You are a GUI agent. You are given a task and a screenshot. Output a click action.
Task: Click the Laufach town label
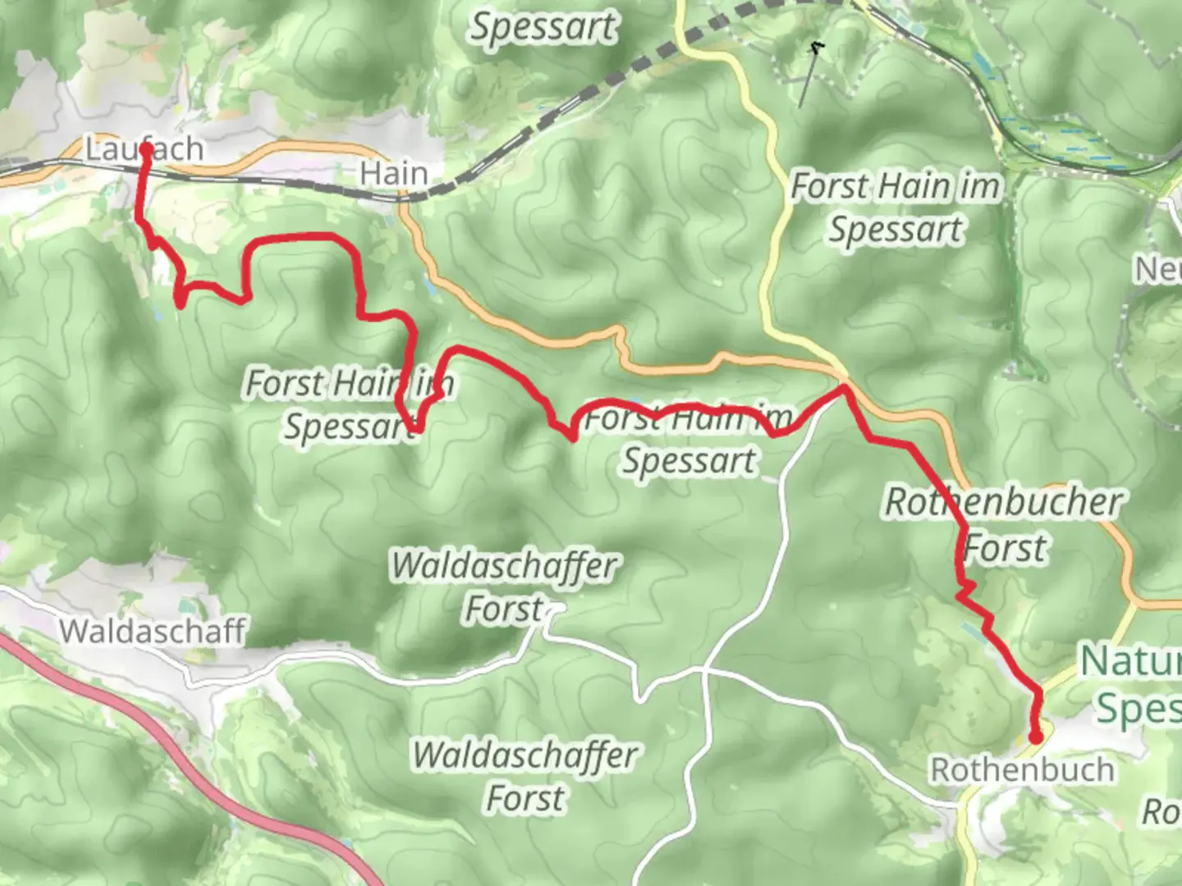point(144,149)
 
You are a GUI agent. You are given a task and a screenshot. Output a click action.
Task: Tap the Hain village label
point(394,174)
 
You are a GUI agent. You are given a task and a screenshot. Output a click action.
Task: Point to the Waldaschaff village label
point(152,631)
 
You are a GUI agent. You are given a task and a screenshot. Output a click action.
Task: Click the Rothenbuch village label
point(1022,770)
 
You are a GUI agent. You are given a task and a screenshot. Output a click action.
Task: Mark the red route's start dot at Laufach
point(146,149)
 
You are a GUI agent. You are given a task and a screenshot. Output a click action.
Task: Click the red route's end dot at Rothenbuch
point(1036,737)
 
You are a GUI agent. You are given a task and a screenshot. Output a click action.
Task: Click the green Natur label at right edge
point(1130,661)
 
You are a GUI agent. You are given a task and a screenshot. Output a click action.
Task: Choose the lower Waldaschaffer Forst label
point(525,776)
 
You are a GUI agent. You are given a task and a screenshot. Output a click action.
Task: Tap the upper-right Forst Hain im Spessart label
point(896,208)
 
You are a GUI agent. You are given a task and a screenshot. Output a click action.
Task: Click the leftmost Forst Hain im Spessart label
point(349,404)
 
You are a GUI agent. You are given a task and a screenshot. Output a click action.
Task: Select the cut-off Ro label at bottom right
point(1161,812)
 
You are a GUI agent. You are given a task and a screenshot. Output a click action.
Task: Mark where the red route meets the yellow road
point(842,388)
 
